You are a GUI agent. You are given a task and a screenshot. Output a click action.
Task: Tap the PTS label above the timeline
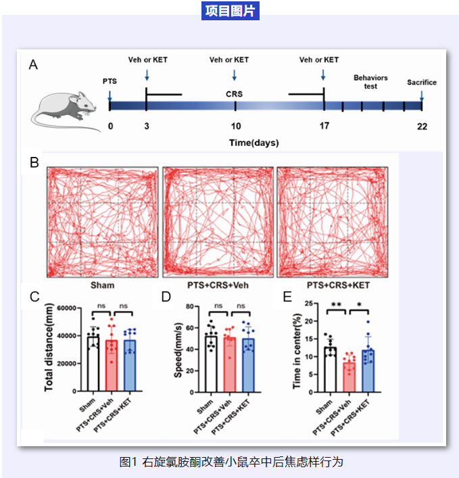pyautogui.click(x=110, y=81)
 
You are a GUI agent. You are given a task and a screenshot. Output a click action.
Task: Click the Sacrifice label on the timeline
pyautogui.click(x=421, y=82)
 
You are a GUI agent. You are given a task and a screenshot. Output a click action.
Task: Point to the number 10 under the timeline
pyautogui.click(x=235, y=126)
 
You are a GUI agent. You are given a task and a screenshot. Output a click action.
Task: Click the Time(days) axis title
pyautogui.click(x=253, y=143)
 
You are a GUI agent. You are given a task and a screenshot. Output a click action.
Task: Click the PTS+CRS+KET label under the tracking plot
pyautogui.click(x=333, y=285)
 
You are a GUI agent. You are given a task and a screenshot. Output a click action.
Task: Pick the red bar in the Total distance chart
pyautogui.click(x=111, y=366)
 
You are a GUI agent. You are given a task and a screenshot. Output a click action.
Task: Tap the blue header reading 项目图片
pyautogui.click(x=231, y=11)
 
